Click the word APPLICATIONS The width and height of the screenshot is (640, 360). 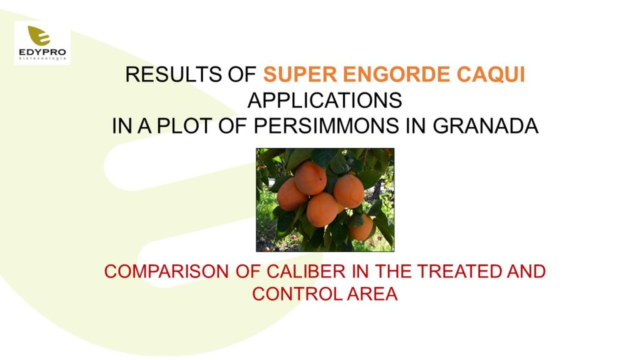[x=325, y=101]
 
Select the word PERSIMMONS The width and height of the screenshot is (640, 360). [x=326, y=126]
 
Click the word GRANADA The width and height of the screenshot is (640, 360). [x=485, y=126]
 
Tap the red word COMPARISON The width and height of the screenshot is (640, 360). [x=166, y=272]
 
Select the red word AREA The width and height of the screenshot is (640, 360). [x=372, y=294]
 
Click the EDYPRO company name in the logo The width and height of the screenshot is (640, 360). [x=42, y=52]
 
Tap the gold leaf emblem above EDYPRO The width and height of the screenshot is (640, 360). [x=39, y=35]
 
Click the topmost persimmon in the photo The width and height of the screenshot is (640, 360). [x=310, y=178]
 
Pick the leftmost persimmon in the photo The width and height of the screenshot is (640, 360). [x=291, y=195]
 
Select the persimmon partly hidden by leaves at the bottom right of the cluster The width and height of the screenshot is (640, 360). [x=362, y=227]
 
